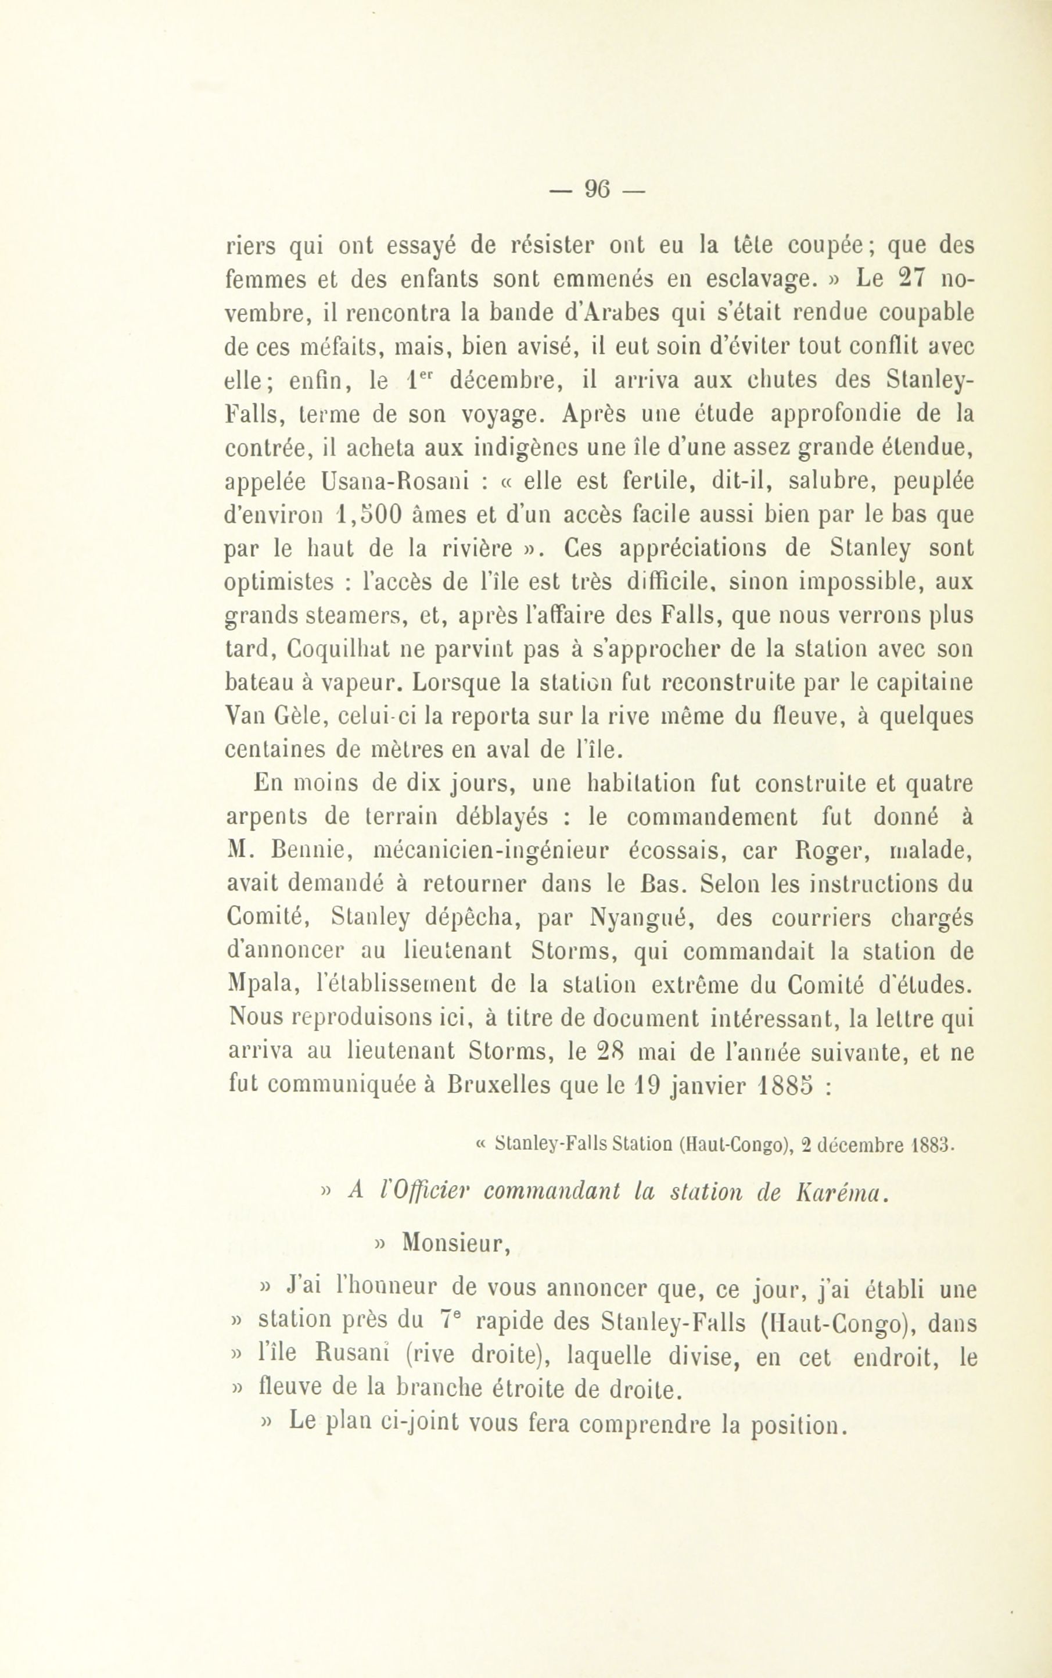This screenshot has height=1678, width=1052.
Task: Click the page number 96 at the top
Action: pos(597,188)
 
